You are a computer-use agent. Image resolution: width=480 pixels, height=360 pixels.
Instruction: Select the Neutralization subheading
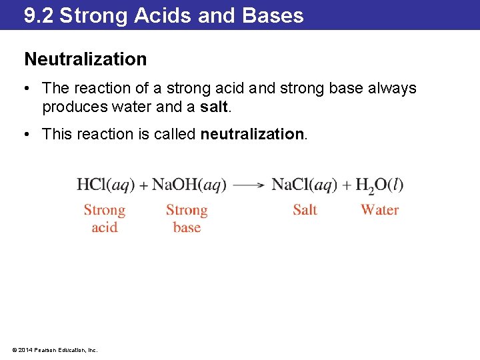click(85, 59)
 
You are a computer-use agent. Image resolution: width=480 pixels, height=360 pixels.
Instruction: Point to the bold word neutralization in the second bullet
click(252, 134)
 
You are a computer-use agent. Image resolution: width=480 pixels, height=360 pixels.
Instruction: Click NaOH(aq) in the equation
click(189, 185)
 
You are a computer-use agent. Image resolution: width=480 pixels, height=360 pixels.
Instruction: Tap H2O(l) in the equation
click(379, 185)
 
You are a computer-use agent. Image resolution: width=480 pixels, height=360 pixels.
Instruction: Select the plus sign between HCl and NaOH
click(143, 185)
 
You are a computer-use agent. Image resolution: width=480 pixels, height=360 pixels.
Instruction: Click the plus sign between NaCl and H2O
click(347, 185)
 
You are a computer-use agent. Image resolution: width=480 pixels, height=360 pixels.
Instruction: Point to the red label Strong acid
click(105, 219)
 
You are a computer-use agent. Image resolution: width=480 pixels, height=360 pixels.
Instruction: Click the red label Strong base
click(187, 219)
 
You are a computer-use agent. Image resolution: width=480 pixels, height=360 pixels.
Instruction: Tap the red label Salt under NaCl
click(305, 210)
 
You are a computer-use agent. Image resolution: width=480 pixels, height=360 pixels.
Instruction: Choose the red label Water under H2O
click(379, 210)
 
